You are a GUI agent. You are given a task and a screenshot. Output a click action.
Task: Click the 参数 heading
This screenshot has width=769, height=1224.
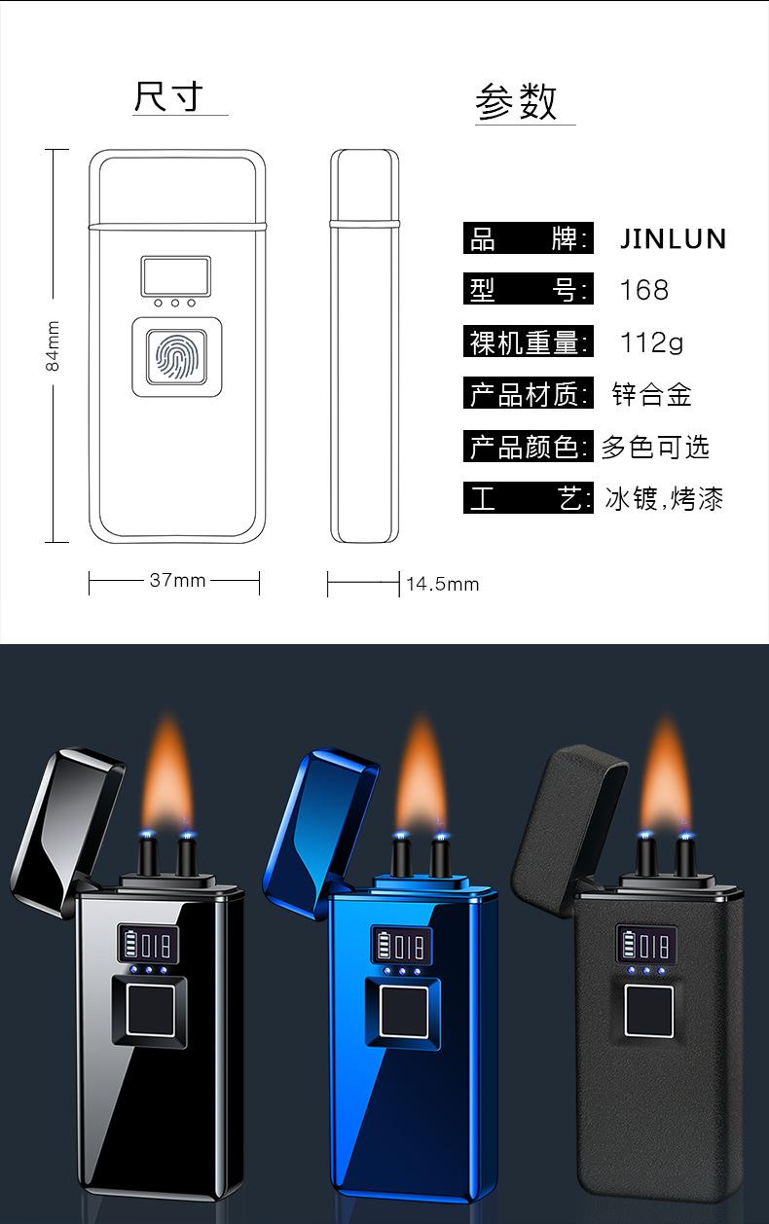[x=516, y=102]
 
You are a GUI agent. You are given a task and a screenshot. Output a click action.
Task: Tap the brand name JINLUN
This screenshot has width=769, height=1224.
[x=674, y=239]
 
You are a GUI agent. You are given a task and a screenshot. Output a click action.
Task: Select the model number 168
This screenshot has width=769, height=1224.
[x=644, y=290]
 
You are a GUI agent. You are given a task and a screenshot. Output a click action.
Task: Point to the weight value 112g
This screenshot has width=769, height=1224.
[x=651, y=342]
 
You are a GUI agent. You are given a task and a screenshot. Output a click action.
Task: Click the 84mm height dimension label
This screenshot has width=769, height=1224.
[x=54, y=346]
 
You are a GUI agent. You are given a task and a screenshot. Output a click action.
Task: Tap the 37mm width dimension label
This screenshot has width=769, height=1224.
[x=176, y=581]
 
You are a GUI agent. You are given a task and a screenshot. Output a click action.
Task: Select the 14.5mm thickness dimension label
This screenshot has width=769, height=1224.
[x=443, y=584]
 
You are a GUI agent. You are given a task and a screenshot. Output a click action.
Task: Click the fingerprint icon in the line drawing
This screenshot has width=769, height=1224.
[x=176, y=358]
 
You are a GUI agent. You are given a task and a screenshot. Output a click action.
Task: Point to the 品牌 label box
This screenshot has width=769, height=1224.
[x=528, y=238]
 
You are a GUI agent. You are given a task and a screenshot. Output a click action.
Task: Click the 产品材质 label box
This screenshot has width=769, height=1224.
[x=528, y=394]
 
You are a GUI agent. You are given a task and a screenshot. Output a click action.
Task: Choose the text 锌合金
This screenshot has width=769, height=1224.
[x=651, y=394]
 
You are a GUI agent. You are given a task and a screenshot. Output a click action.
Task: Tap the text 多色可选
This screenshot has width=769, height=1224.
[x=655, y=447]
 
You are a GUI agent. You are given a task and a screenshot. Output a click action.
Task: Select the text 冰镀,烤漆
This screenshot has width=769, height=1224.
[x=664, y=500]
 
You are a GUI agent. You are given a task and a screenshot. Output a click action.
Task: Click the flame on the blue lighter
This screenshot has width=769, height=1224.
[x=420, y=778]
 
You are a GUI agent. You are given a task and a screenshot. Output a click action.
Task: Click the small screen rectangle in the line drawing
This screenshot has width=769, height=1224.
[x=175, y=275]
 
